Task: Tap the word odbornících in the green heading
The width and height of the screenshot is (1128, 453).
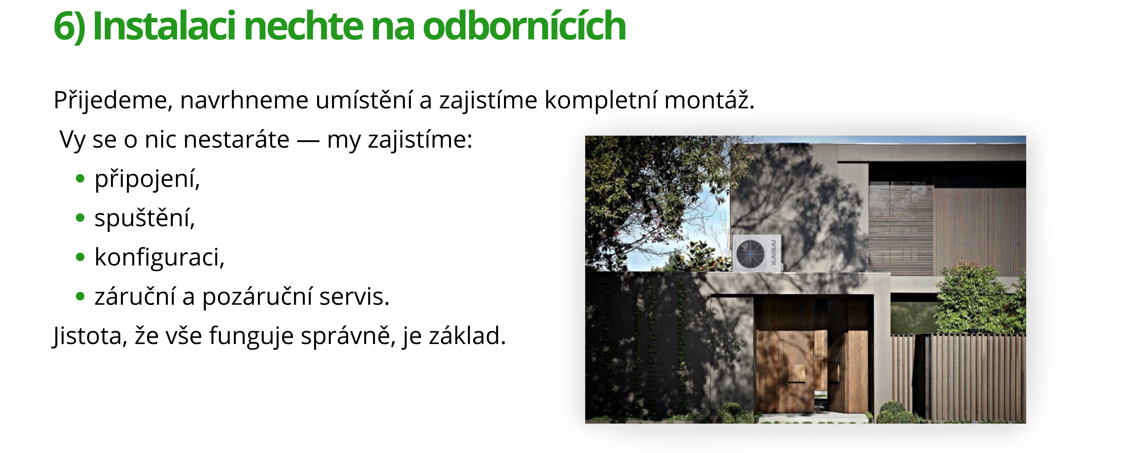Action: (524, 26)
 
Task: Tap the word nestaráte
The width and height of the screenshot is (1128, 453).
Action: (237, 140)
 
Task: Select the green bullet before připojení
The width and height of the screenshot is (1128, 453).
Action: (80, 179)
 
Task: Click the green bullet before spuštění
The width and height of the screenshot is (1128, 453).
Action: (80, 217)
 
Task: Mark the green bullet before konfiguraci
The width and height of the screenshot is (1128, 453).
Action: (80, 257)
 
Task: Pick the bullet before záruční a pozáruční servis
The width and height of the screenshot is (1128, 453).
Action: (80, 296)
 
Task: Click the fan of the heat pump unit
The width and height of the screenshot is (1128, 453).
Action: (750, 254)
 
